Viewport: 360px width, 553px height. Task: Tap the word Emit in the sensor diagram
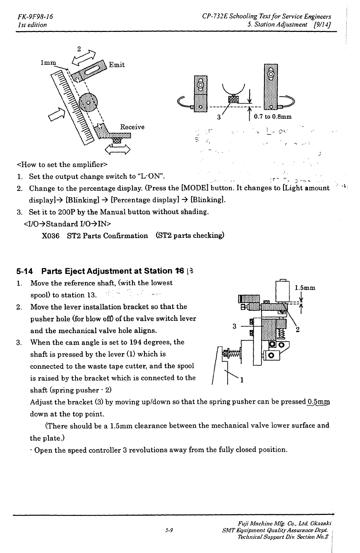[117, 65]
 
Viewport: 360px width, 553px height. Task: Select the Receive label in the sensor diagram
[132, 127]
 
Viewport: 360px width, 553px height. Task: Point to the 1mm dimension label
[48, 63]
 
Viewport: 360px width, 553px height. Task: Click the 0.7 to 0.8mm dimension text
[273, 116]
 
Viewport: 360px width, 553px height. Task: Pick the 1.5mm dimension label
[305, 288]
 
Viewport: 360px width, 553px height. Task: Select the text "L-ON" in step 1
[149, 177]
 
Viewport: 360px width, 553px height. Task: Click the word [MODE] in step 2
[194, 188]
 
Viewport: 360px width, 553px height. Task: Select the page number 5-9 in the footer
[168, 530]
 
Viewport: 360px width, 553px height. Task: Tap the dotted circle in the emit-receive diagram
[88, 103]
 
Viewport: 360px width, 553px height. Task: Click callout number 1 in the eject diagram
[242, 380]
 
